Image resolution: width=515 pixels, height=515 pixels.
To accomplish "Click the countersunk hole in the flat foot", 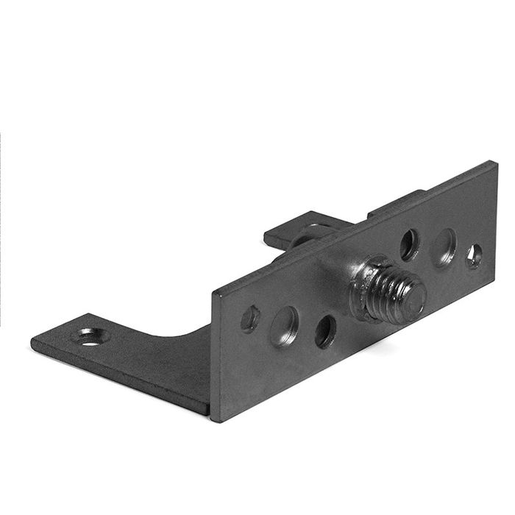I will (x=91, y=338).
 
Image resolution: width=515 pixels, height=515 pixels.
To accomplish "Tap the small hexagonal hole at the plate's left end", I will (x=250, y=318).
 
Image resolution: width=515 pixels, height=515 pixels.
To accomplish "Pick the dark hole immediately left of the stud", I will (x=325, y=331).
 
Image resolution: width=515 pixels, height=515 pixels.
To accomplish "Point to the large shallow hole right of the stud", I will (x=444, y=246).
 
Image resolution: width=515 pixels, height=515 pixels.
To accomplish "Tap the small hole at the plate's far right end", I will (x=475, y=255).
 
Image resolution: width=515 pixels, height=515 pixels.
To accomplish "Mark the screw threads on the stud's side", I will (x=390, y=288).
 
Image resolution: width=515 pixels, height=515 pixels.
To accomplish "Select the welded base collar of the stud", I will (x=364, y=291).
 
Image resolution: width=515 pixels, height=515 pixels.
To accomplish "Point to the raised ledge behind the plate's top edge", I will (x=397, y=203).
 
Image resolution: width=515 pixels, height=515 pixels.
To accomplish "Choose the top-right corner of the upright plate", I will (x=494, y=163).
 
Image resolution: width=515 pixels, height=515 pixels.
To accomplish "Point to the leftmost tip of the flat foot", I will (x=32, y=343).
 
